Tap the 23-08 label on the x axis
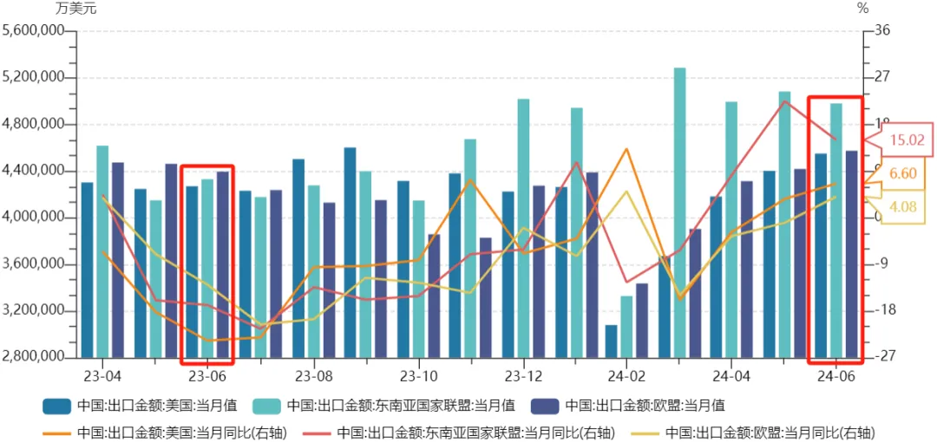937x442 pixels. point(313,377)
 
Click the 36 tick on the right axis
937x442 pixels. point(883,31)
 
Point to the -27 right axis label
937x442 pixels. point(881,357)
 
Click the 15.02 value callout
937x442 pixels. point(908,140)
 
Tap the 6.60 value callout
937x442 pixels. point(902,173)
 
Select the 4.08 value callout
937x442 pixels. point(902,206)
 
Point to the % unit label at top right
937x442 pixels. point(862,9)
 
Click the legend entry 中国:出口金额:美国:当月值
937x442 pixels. point(140,405)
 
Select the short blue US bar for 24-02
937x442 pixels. point(611,341)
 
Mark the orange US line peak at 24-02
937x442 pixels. point(626,149)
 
